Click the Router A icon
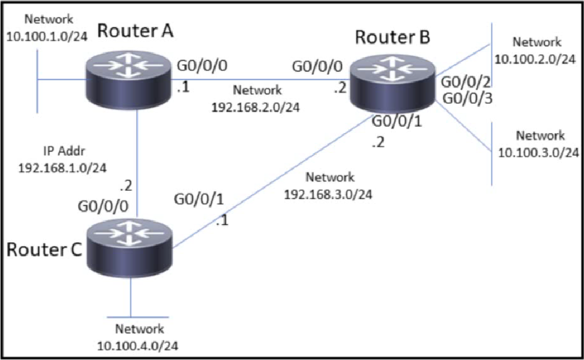point(128,80)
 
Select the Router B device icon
point(393,83)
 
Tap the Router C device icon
point(129,248)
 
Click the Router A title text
point(135,31)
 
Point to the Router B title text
point(393,37)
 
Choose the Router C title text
point(44,249)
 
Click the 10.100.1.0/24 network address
point(47,36)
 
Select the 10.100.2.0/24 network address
point(535,59)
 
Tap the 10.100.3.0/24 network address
point(539,152)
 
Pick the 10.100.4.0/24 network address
point(138,346)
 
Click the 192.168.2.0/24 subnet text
point(255,107)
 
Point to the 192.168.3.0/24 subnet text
point(328,194)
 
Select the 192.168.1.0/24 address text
point(62,168)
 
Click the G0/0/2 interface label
point(466,82)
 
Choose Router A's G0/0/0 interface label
point(202,66)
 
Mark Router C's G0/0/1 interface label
point(199,199)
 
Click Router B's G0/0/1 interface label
point(397,122)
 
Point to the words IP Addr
point(64,151)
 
